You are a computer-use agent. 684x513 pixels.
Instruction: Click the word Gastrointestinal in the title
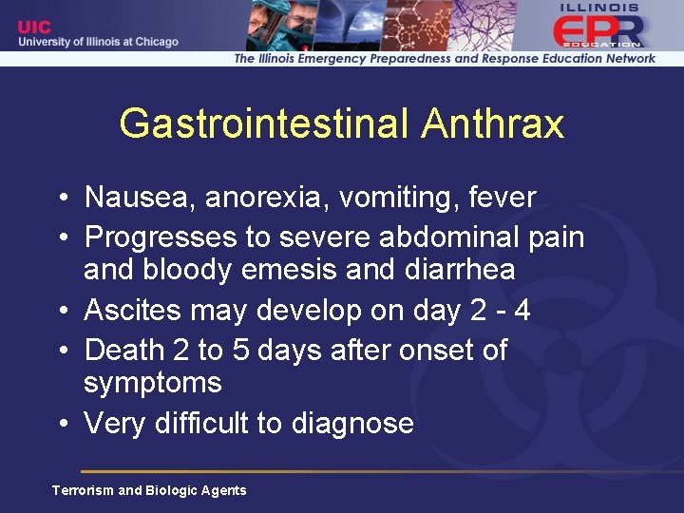(x=265, y=123)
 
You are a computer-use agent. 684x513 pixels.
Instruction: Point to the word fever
(x=503, y=198)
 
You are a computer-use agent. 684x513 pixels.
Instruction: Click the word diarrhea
(x=460, y=270)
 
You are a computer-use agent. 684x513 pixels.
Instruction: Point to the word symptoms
(x=152, y=384)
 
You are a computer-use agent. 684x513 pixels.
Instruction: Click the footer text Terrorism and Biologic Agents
(x=149, y=490)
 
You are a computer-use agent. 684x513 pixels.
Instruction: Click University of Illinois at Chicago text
(x=97, y=43)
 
